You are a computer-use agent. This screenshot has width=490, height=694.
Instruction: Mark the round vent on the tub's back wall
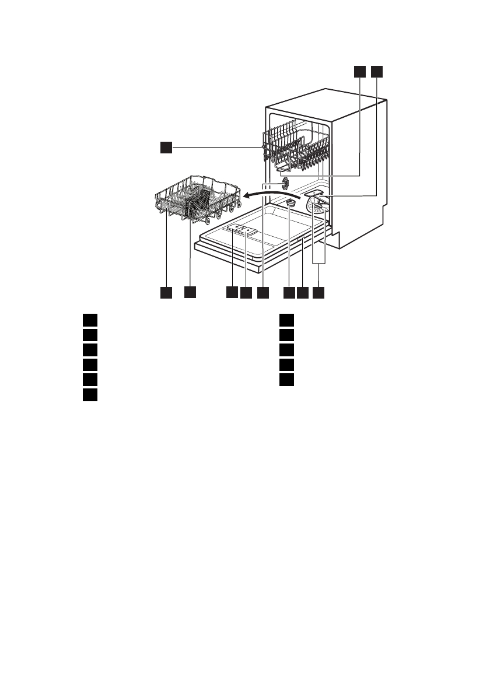pos(286,184)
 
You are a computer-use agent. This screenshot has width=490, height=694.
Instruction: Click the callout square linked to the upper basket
pos(166,148)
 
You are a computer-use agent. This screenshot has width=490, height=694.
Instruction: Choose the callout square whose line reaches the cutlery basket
pos(190,292)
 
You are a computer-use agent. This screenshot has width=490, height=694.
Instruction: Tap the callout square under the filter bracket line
pos(318,292)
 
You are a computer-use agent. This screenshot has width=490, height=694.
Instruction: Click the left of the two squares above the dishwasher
pos(359,71)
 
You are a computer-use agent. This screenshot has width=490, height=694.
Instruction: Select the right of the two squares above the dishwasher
pos(376,71)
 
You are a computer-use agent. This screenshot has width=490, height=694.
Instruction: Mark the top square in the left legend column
pos(89,320)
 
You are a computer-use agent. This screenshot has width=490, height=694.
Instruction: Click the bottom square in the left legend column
pos(89,395)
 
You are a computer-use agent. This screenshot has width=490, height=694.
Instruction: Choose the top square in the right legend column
pos(285,320)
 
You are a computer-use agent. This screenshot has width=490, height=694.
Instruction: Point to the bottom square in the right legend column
pos(285,380)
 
